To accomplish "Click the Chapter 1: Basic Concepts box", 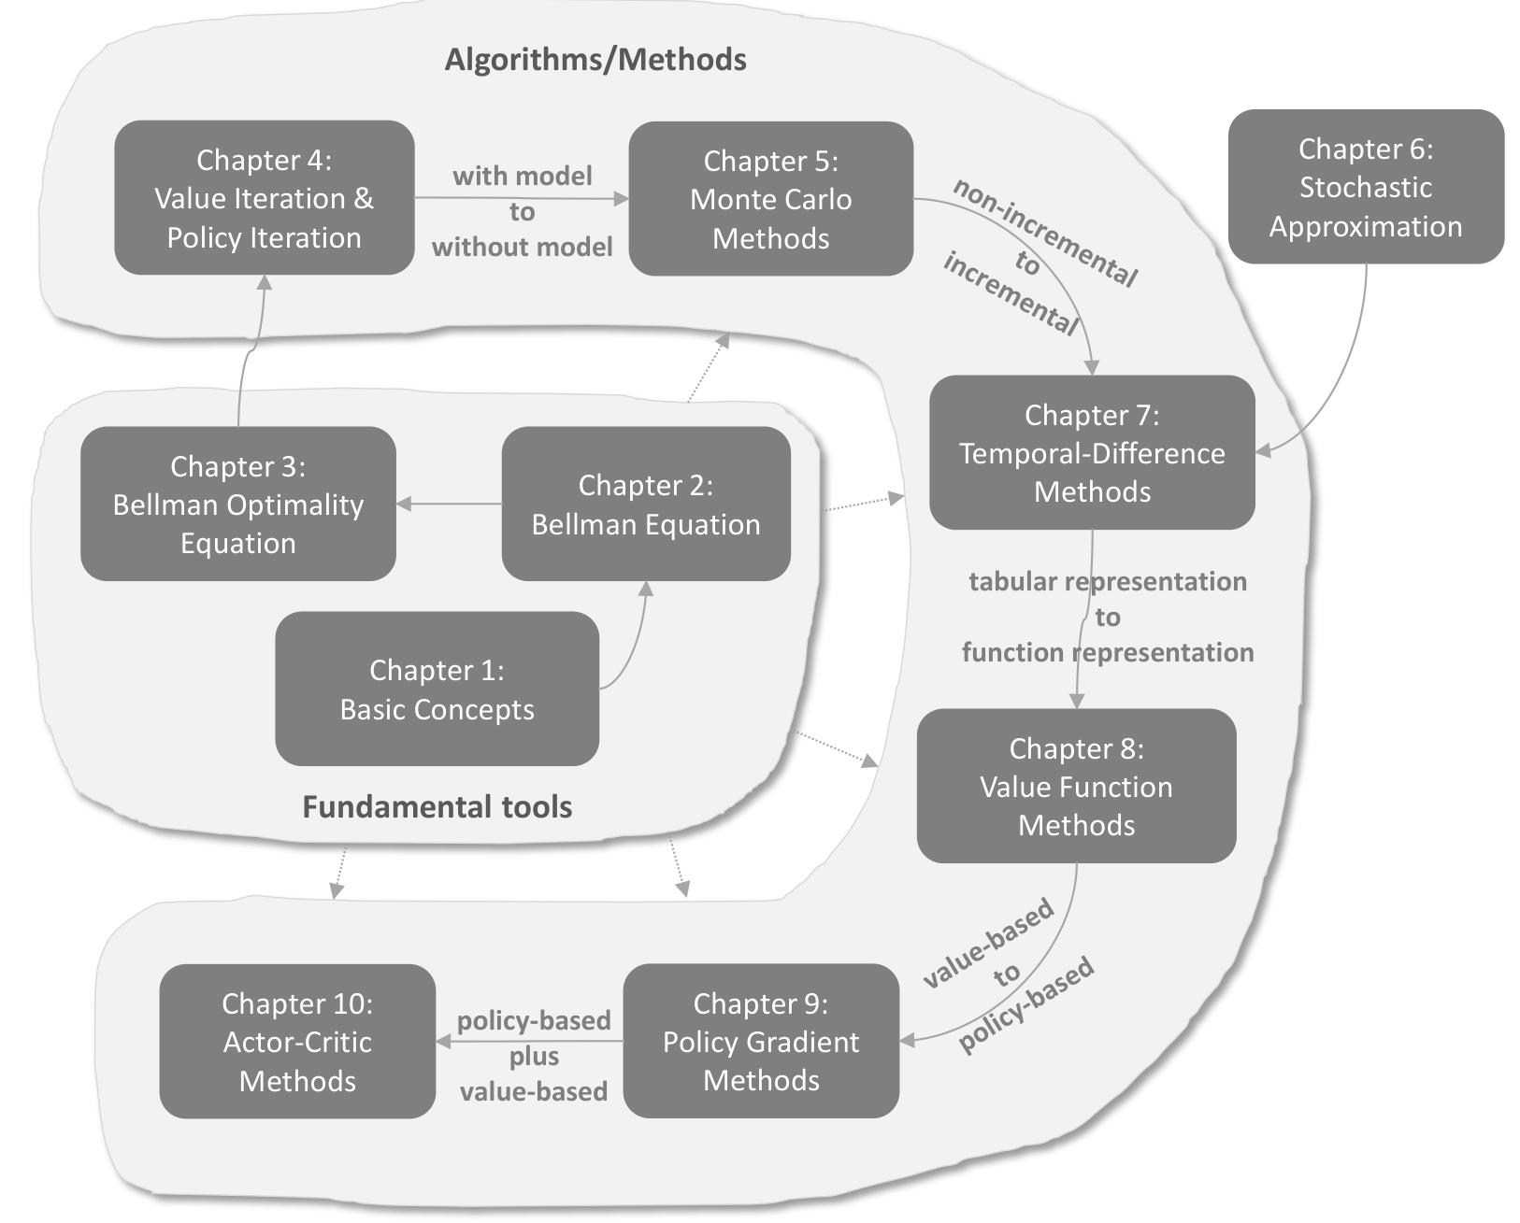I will tap(437, 689).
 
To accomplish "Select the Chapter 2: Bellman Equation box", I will tap(646, 504).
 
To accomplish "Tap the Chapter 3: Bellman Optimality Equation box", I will tap(238, 504).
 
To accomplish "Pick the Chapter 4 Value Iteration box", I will tap(264, 198).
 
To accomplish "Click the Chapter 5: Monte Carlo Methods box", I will tap(770, 199).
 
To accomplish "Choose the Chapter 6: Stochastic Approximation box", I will tap(1365, 187).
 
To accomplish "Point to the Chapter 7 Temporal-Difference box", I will tap(1092, 453).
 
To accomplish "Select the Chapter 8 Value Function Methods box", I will tap(1076, 786).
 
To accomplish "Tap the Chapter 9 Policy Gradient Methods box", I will tap(761, 1041).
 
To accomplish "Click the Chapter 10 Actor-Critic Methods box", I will tap(297, 1041).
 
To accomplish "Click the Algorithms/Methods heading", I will tap(595, 60).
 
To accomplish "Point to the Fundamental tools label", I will tap(437, 806).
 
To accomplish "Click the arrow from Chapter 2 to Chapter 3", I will tap(449, 504).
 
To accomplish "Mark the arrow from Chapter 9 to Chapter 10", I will tap(529, 1041).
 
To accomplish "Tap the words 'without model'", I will tap(522, 247).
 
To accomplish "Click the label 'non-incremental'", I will tap(1045, 232).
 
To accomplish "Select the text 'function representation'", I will tap(1108, 652).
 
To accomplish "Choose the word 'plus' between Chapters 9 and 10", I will tap(534, 1057).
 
